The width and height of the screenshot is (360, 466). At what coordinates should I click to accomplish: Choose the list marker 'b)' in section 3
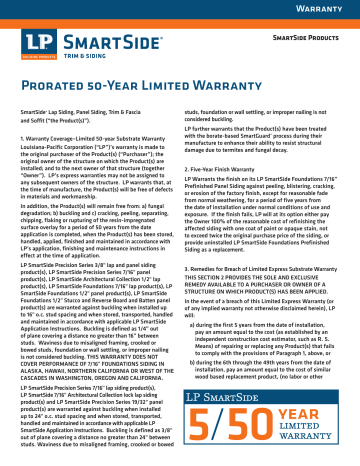coord(193,355)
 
